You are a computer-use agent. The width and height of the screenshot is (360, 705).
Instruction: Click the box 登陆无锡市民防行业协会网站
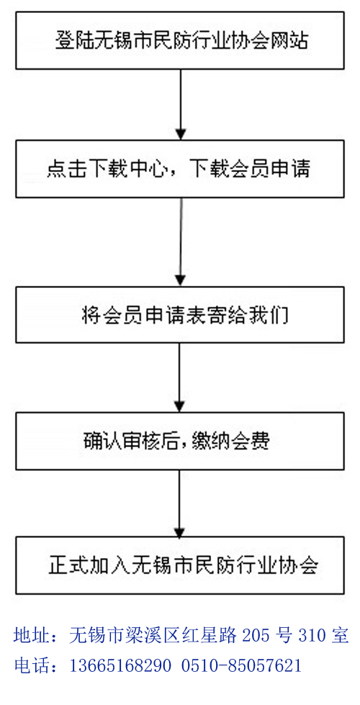click(x=180, y=40)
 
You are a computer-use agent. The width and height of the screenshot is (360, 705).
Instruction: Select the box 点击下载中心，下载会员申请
click(x=180, y=169)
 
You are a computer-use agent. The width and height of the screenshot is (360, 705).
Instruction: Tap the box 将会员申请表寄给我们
click(x=180, y=314)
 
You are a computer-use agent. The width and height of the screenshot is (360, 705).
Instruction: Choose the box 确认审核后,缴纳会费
click(x=180, y=441)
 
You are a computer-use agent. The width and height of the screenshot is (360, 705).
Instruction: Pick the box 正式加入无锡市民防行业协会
click(x=180, y=565)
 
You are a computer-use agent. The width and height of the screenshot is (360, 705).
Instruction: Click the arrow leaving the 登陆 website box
click(x=180, y=104)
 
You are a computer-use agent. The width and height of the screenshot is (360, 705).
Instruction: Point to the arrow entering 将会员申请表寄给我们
click(x=181, y=241)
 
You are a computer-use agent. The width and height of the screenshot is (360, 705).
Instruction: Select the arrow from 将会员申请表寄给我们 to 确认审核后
click(x=180, y=378)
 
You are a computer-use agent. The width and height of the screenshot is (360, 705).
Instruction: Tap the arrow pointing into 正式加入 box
click(x=180, y=503)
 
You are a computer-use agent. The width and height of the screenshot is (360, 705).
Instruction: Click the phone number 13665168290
click(x=120, y=665)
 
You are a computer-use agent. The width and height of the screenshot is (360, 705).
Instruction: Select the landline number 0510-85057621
click(x=241, y=665)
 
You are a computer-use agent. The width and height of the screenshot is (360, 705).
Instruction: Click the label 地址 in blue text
click(x=29, y=636)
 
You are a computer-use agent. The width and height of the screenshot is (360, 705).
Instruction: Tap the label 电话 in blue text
click(x=29, y=665)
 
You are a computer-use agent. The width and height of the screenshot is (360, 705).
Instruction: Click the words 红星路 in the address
click(x=214, y=636)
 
